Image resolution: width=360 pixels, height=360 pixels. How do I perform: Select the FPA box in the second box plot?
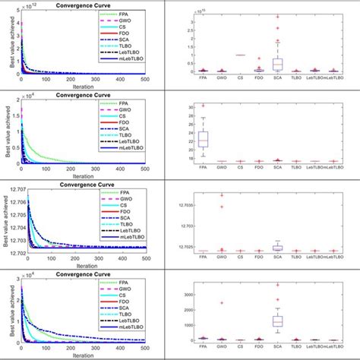[224, 140]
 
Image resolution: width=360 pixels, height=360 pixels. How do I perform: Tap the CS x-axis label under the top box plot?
[261, 77]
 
